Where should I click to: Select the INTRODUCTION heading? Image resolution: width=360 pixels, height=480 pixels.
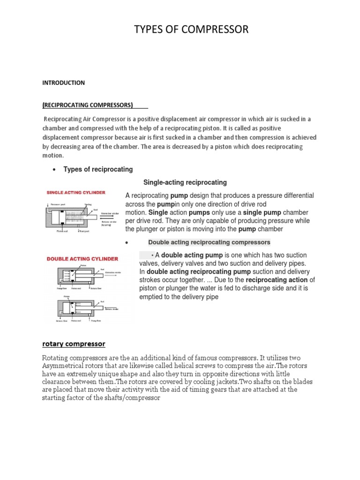click(63, 83)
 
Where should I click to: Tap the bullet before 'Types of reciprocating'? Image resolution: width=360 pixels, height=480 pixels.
click(55, 170)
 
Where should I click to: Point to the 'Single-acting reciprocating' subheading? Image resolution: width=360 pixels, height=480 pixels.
click(185, 182)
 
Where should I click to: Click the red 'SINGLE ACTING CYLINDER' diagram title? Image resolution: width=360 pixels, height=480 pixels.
click(75, 193)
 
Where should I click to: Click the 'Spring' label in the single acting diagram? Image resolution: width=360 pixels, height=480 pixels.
click(88, 204)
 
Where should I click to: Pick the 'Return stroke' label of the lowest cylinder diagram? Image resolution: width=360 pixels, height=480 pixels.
click(112, 309)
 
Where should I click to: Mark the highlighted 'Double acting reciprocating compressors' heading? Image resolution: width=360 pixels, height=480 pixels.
click(209, 242)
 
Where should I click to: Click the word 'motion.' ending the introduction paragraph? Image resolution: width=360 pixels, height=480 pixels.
click(52, 155)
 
